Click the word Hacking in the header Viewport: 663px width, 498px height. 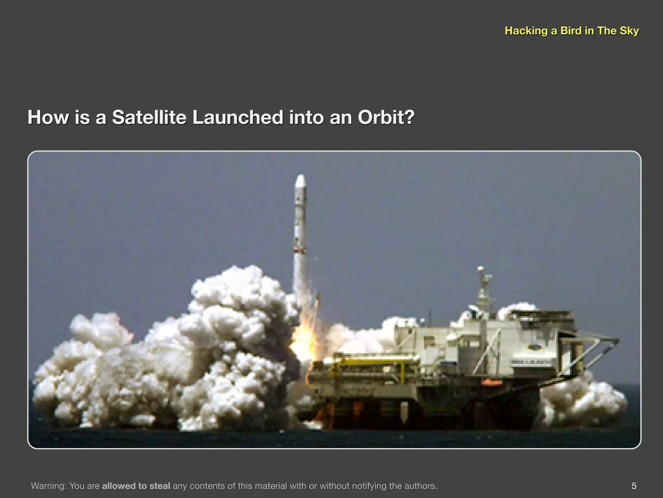526,31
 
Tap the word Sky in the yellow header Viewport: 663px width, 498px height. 629,31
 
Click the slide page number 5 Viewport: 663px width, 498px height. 634,486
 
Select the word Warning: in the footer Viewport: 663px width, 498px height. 49,486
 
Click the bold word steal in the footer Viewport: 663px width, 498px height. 160,486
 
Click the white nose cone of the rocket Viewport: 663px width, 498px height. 301,182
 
